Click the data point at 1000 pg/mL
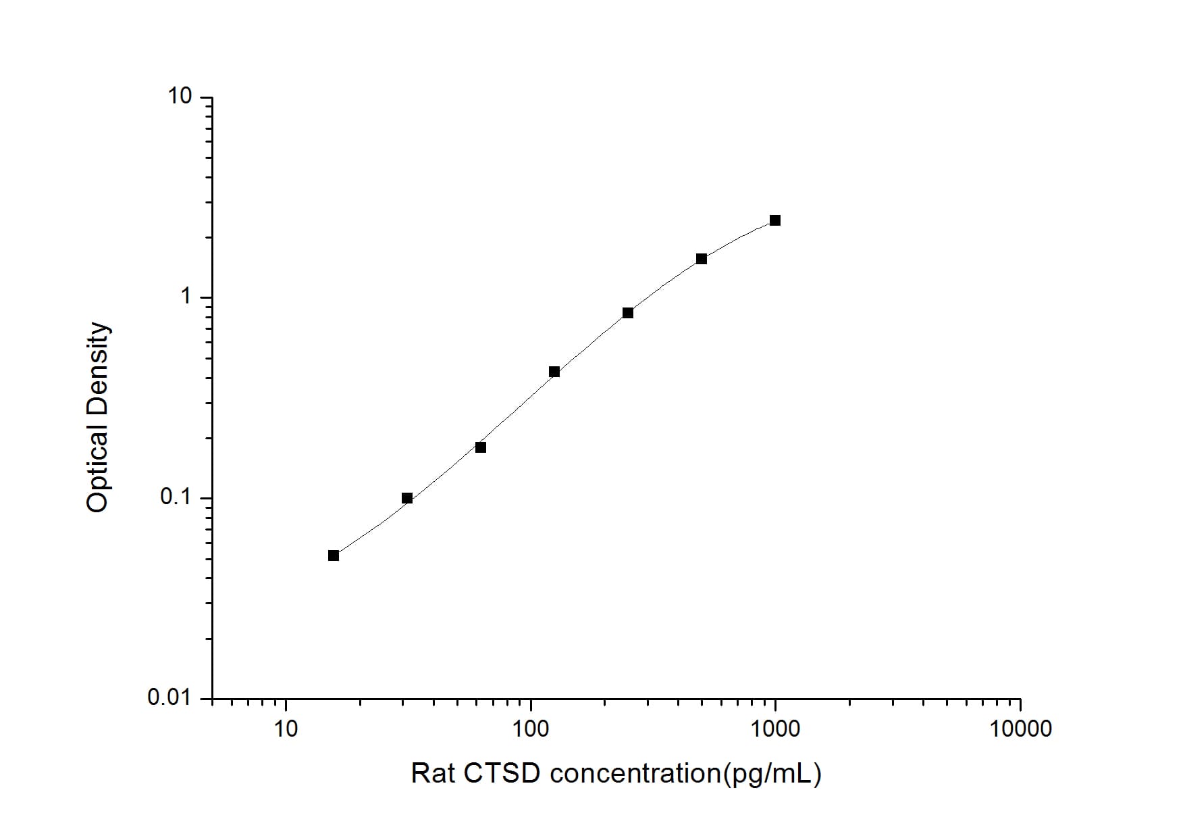[x=775, y=220]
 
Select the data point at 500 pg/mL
[x=702, y=259]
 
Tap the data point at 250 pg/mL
[x=628, y=313]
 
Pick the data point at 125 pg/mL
[x=554, y=372]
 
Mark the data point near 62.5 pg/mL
[x=481, y=447]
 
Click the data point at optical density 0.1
[x=407, y=499]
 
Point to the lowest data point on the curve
[x=334, y=556]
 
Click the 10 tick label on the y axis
[x=180, y=97]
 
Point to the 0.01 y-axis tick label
[x=169, y=697]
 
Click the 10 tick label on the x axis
[x=286, y=729]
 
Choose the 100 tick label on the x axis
[x=531, y=729]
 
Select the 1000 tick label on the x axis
[x=775, y=729]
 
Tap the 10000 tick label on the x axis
[x=1020, y=729]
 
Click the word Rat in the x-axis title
[x=433, y=773]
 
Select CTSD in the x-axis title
[x=502, y=773]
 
